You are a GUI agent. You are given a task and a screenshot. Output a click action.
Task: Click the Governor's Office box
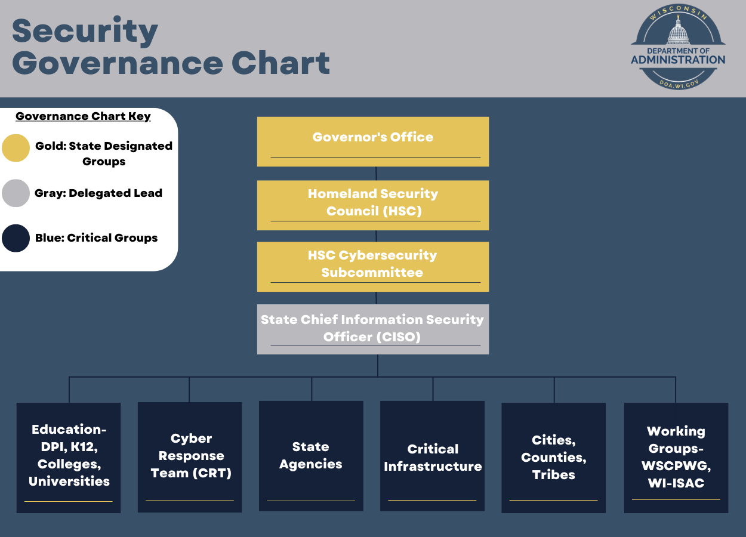[x=372, y=141]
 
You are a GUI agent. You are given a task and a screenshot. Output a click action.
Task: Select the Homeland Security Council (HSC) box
[x=372, y=205]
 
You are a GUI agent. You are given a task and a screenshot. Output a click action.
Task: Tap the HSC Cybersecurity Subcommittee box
[x=372, y=267]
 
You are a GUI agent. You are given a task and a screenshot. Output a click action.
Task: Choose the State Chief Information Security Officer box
[x=372, y=329]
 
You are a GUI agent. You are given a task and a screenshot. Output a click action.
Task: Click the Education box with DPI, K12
[x=69, y=458]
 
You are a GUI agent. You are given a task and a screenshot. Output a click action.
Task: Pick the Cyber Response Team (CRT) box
[x=190, y=457]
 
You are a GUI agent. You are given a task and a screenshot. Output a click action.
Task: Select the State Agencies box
[x=311, y=456]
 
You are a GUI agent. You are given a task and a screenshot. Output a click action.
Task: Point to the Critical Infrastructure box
[x=432, y=456]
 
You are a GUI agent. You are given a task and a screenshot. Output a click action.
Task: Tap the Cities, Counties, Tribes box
[x=553, y=458]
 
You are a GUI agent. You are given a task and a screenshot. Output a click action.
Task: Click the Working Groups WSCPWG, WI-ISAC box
[x=676, y=458]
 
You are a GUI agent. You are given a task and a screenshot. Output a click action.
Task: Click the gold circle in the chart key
[x=16, y=148]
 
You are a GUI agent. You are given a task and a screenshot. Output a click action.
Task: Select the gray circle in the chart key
[x=16, y=193]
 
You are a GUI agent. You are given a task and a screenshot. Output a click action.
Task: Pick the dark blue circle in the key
[x=16, y=238]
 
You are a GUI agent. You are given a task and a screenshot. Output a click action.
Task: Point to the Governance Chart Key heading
[x=84, y=116]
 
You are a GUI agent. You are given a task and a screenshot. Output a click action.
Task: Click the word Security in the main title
[x=85, y=31]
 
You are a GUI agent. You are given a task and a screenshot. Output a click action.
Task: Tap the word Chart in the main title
[x=280, y=63]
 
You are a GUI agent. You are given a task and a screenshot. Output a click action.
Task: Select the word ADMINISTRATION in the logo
[x=678, y=60]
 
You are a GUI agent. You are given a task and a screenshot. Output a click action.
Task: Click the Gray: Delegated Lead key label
[x=98, y=193]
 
